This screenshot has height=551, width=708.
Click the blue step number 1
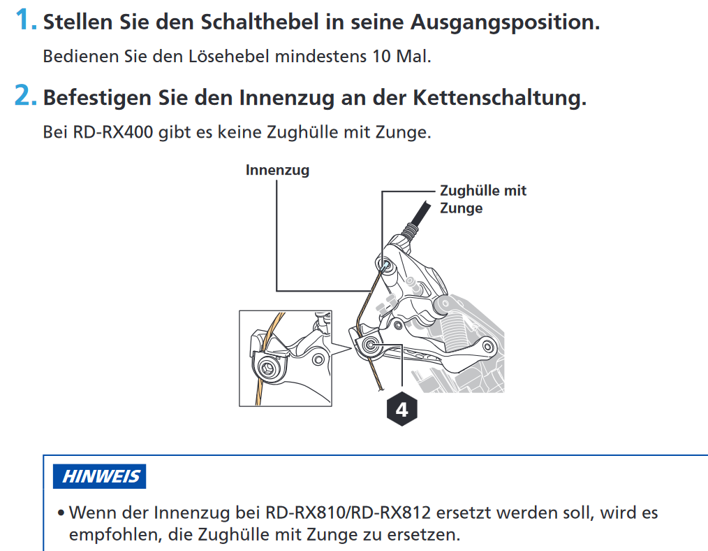pos(25,20)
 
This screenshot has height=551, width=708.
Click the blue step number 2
pos(25,96)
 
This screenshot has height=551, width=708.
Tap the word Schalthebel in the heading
pos(260,22)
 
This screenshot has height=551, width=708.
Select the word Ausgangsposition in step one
pos(506,22)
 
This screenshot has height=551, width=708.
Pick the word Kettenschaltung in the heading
pos(499,98)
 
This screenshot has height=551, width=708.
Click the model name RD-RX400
pos(113,132)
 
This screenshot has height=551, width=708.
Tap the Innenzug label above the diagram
pos(277,171)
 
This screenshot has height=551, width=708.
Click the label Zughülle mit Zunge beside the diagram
pos(483,199)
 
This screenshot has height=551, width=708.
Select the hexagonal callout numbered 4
pos(402,410)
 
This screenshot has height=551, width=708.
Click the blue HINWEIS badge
pos(99,476)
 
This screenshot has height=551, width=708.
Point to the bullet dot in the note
pos(61,513)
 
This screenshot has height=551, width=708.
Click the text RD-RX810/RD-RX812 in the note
pos(348,513)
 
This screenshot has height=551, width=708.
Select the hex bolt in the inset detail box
pos(270,368)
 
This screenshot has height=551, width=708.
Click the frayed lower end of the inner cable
pos(381,387)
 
